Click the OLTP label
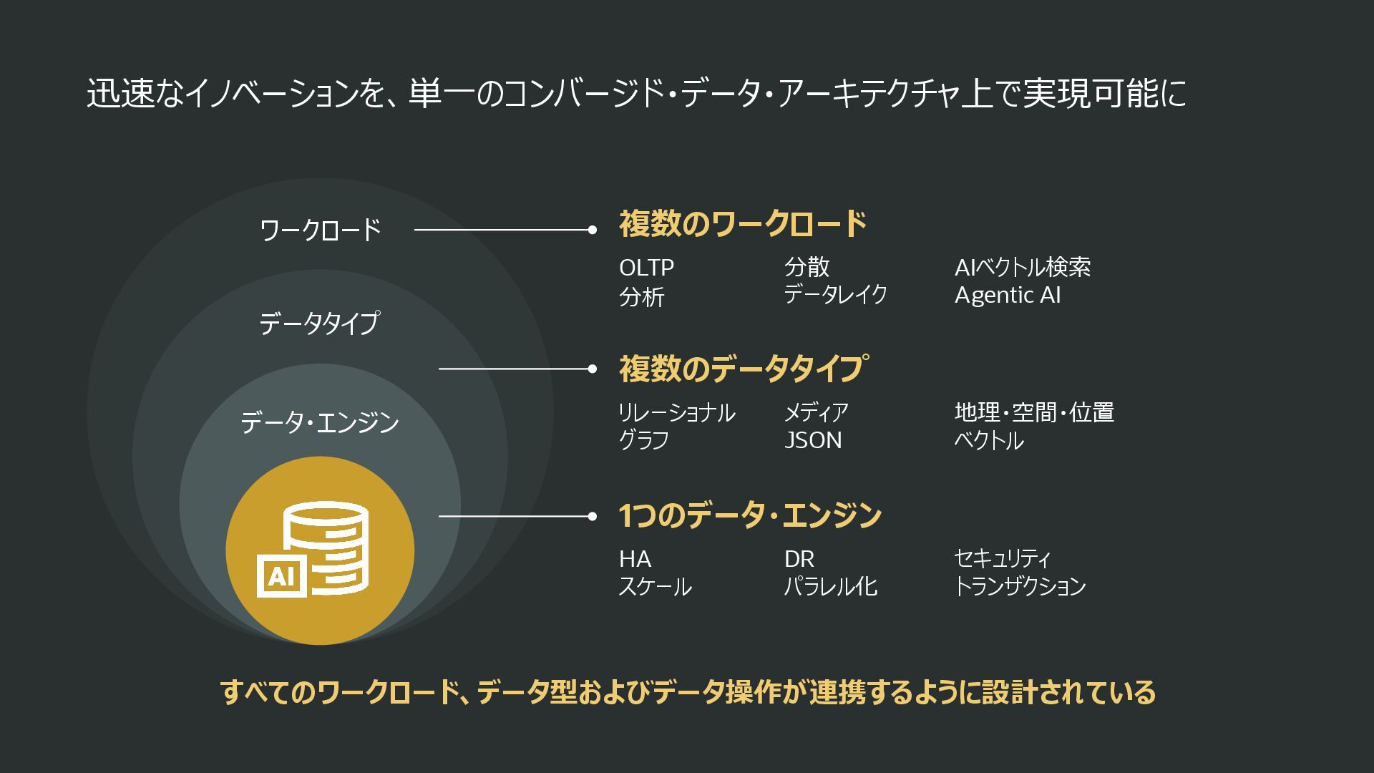tap(646, 268)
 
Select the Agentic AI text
tap(1007, 295)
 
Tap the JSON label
tap(812, 440)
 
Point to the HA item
tap(635, 559)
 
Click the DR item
tap(799, 559)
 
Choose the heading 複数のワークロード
tap(743, 224)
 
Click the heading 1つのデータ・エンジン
tap(750, 515)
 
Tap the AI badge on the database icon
tap(281, 575)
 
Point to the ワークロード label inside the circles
tap(321, 230)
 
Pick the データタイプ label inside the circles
tap(319, 324)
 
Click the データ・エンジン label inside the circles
tap(319, 422)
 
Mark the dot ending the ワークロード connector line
tap(592, 230)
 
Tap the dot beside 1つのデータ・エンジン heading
tap(592, 516)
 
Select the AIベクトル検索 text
tap(1022, 268)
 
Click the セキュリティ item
tap(1002, 558)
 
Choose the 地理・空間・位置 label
tap(1034, 412)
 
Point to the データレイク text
tap(835, 294)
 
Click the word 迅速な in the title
tap(134, 94)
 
